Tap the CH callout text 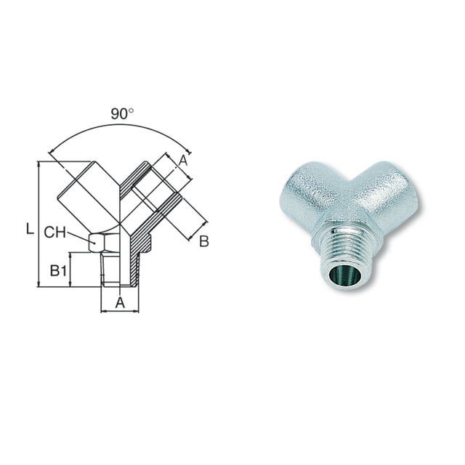point(57,232)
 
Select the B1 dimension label point(59,271)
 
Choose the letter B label point(203,241)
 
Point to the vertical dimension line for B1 point(70,270)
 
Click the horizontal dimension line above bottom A point(119,311)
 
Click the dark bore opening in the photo point(342,276)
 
